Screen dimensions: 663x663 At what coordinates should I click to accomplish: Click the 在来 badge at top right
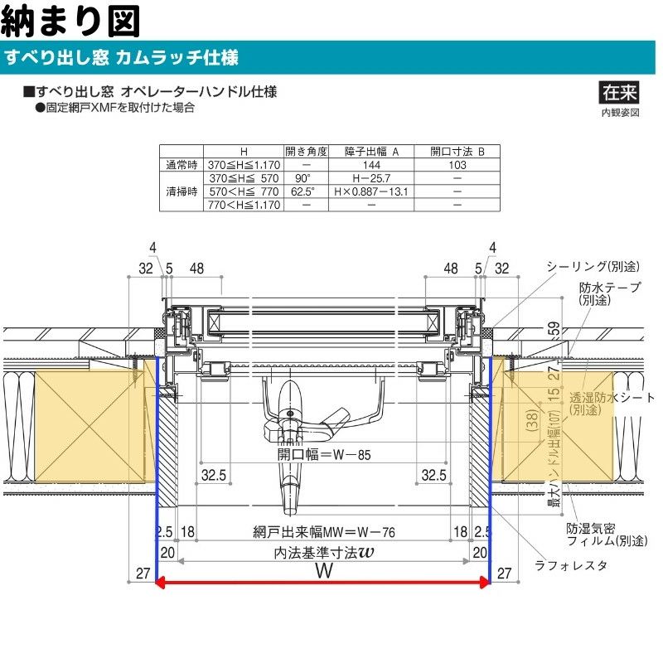tap(619, 92)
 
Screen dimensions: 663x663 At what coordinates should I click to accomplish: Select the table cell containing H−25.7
tap(370, 178)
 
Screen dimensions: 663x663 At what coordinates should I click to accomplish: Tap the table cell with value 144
tap(370, 165)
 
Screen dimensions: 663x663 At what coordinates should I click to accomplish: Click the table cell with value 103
tap(457, 165)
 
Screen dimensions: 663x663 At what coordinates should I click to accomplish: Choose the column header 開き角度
tap(306, 152)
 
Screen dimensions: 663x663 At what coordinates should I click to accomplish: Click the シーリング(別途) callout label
tap(593, 266)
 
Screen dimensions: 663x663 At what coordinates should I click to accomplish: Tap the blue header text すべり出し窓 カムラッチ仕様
tap(122, 58)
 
